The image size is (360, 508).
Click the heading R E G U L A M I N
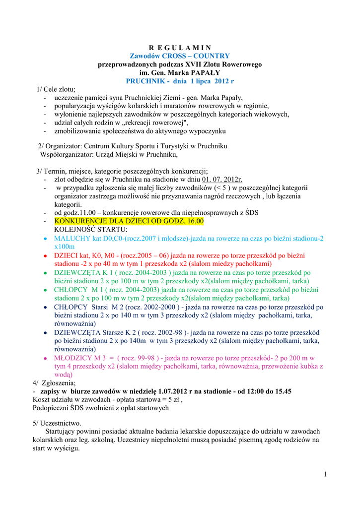(x=180, y=48)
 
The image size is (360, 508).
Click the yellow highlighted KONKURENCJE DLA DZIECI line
(x=129, y=221)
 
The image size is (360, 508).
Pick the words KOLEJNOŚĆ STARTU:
(x=90, y=230)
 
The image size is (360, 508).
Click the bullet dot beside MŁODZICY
(x=45, y=358)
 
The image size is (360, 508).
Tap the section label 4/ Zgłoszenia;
(x=55, y=383)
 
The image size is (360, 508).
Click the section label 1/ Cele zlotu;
(x=56, y=89)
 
